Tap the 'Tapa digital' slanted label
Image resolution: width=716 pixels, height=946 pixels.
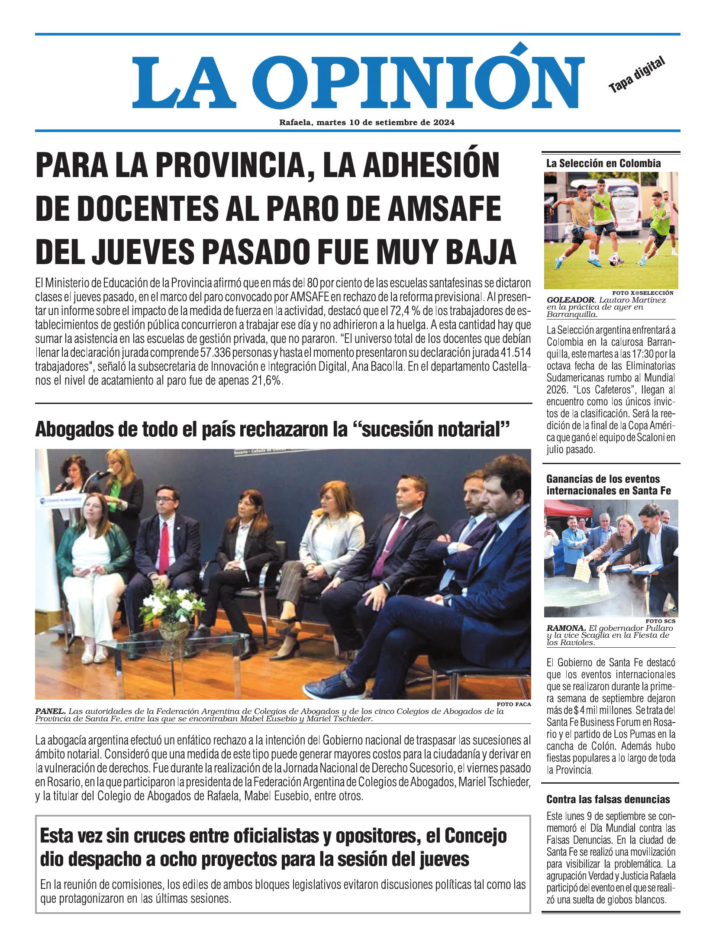(636, 75)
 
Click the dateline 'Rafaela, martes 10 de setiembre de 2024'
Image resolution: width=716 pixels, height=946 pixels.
(367, 123)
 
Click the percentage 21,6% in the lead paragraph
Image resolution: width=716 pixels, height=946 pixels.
(268, 381)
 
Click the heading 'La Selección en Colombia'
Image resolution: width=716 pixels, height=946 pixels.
(603, 164)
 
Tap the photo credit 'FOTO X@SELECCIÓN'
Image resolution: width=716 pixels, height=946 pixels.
(643, 292)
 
